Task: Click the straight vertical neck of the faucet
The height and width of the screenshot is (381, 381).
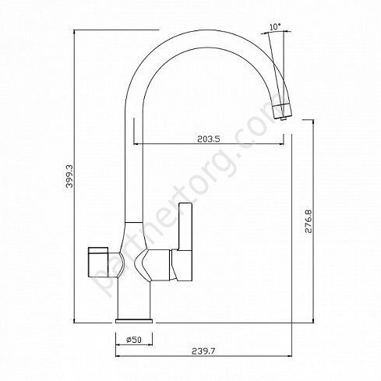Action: (x=132, y=164)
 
